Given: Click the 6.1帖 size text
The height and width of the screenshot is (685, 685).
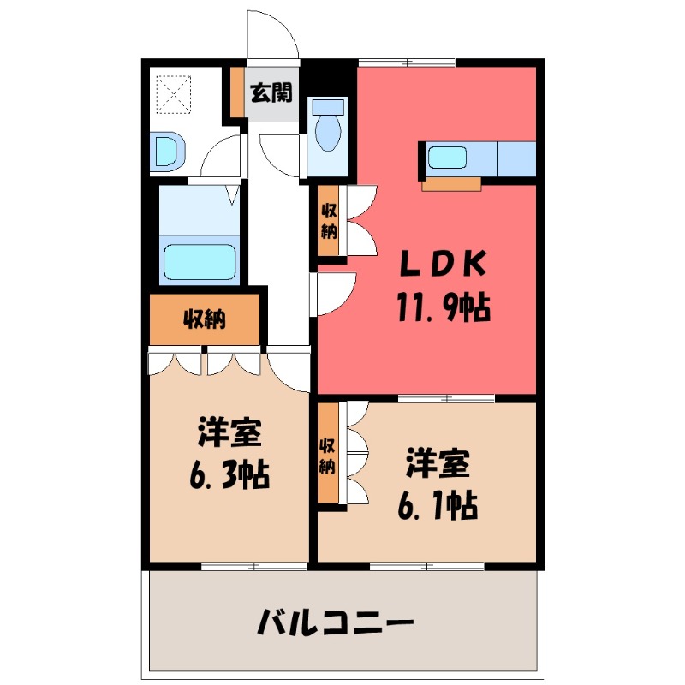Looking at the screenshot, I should point(437,505).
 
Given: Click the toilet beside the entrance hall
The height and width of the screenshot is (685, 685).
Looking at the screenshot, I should point(326,128).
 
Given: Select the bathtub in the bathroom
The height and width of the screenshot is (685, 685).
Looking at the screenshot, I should point(199,261).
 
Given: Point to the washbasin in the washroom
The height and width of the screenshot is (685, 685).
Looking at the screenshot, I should point(167,151).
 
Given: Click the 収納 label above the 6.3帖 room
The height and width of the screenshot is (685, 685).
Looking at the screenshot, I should point(204,319).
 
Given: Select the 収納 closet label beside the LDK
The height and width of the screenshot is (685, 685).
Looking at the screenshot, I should point(329,221).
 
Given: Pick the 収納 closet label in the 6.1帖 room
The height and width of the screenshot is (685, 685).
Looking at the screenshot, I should point(328,455).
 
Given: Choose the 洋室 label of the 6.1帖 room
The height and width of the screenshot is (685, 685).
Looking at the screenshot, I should point(436,467).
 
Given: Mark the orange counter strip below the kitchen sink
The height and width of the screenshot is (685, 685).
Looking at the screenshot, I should point(451,183).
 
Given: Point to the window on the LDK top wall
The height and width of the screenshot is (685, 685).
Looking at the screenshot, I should point(406,62).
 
